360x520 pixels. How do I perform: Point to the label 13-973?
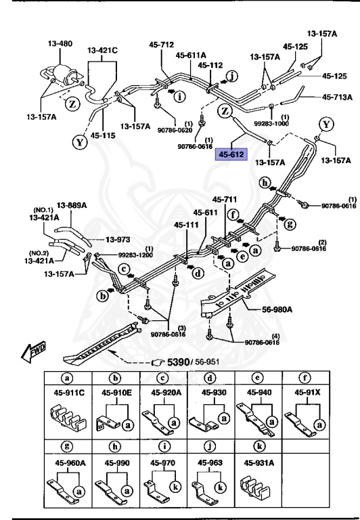[118, 239]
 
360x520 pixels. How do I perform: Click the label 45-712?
[162, 45]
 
